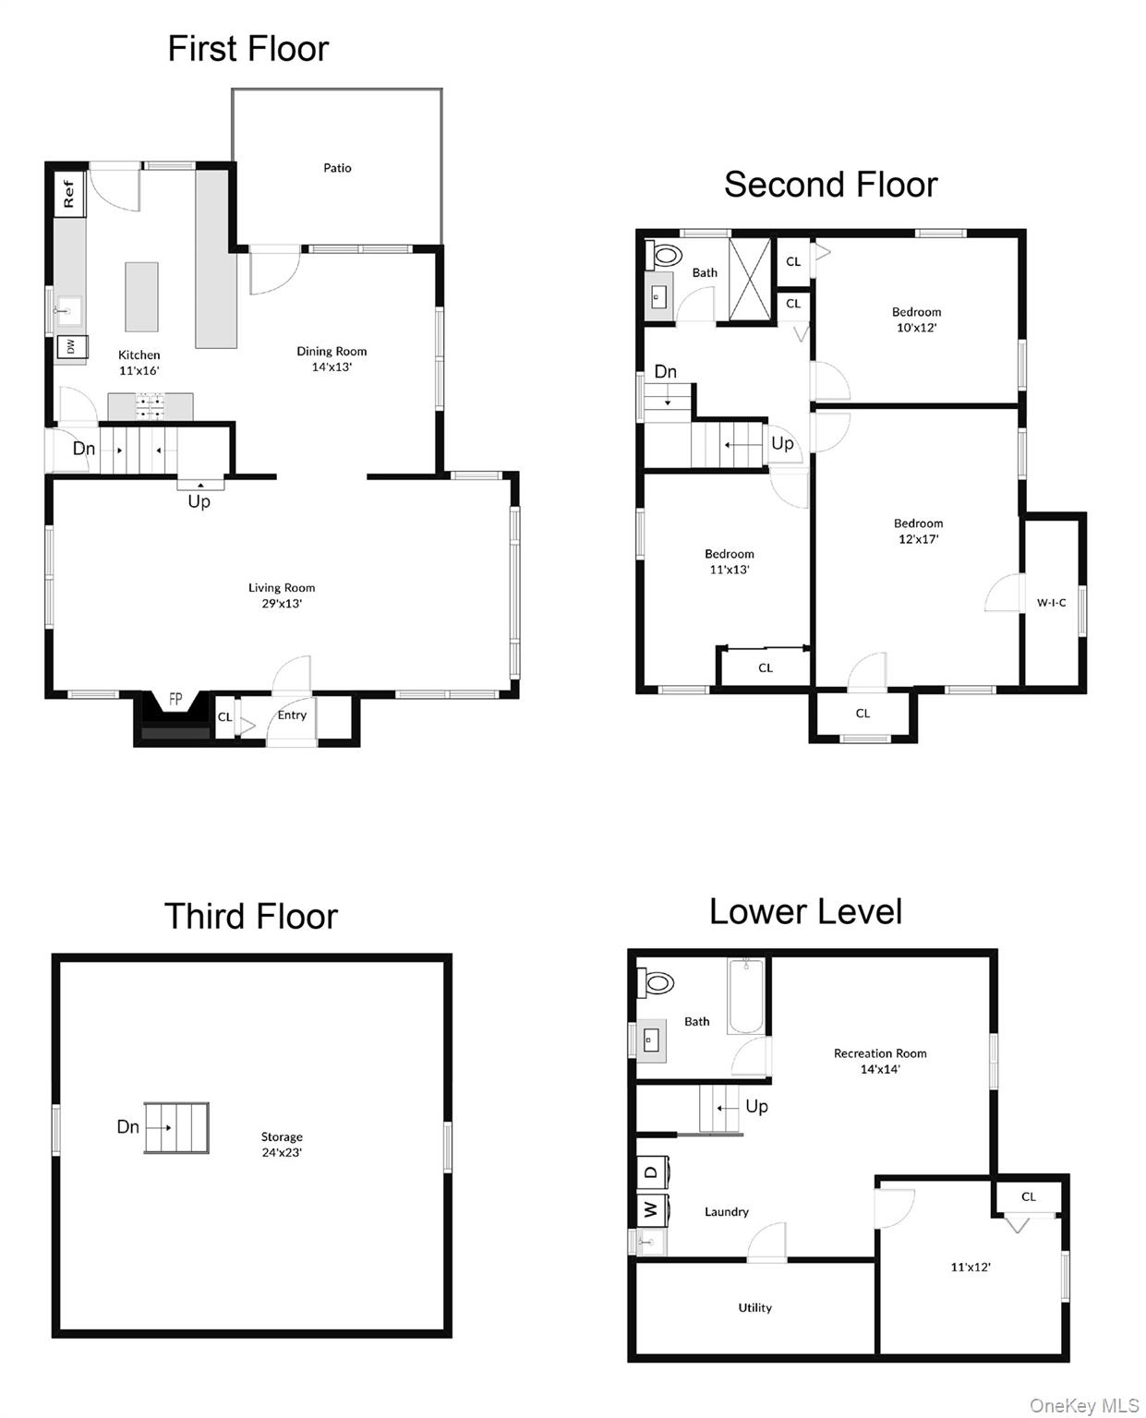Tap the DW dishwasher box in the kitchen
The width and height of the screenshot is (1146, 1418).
coord(70,347)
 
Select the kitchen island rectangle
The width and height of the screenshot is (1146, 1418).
coord(141,296)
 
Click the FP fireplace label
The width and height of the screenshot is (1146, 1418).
coord(175,700)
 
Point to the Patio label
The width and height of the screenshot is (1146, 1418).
coord(337,168)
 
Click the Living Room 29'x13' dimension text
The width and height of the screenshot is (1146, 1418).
coord(281,604)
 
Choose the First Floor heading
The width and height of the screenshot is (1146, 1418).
coord(247,49)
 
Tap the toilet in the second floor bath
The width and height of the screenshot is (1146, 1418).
coord(664,255)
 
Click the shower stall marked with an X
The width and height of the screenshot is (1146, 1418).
coord(749,280)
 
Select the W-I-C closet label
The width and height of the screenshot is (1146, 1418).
coord(1051,603)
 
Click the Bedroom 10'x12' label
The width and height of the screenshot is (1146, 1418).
coord(916,319)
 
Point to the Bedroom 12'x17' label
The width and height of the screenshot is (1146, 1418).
coord(918,531)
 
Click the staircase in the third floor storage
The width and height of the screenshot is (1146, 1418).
coord(176,1127)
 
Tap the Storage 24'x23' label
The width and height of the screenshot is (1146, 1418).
coord(281,1145)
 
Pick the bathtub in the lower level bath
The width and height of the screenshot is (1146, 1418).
coord(746,997)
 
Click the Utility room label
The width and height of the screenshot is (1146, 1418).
coord(754,1308)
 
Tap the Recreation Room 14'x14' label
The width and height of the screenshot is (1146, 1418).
coord(879,1061)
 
